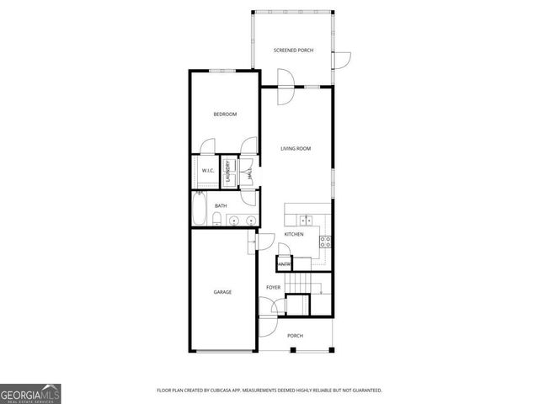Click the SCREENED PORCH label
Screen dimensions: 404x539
[293, 50]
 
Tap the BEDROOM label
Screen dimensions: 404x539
[224, 114]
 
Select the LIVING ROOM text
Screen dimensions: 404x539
[296, 148]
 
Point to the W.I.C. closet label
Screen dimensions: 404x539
[207, 172]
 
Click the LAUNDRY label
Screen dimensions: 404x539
[227, 171]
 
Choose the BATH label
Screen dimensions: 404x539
[221, 205]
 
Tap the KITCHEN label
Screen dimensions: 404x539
[294, 234]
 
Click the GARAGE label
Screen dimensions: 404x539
[222, 292]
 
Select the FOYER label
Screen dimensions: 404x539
[274, 288]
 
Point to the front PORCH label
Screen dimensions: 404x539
[295, 336]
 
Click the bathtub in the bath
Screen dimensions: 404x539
[200, 210]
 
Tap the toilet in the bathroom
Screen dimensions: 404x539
[217, 221]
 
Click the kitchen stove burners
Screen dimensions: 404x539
[326, 242]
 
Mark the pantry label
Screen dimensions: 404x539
[284, 264]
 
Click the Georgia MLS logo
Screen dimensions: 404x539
[30, 393]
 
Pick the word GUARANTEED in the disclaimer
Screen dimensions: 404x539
[365, 391]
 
